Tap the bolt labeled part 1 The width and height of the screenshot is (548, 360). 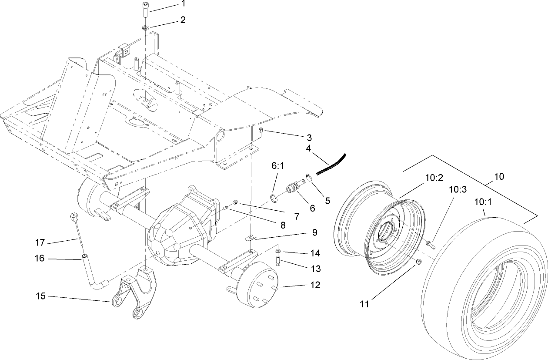click(x=145, y=10)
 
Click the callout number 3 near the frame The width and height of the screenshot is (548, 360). click(x=309, y=138)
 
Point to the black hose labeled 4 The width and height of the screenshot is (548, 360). click(x=331, y=165)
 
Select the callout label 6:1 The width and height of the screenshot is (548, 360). click(x=277, y=167)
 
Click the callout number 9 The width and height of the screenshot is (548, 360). click(x=314, y=232)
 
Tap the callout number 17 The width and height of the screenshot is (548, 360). click(x=40, y=242)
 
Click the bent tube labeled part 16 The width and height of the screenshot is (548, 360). click(x=93, y=279)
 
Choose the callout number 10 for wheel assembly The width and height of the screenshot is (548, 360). click(x=499, y=176)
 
